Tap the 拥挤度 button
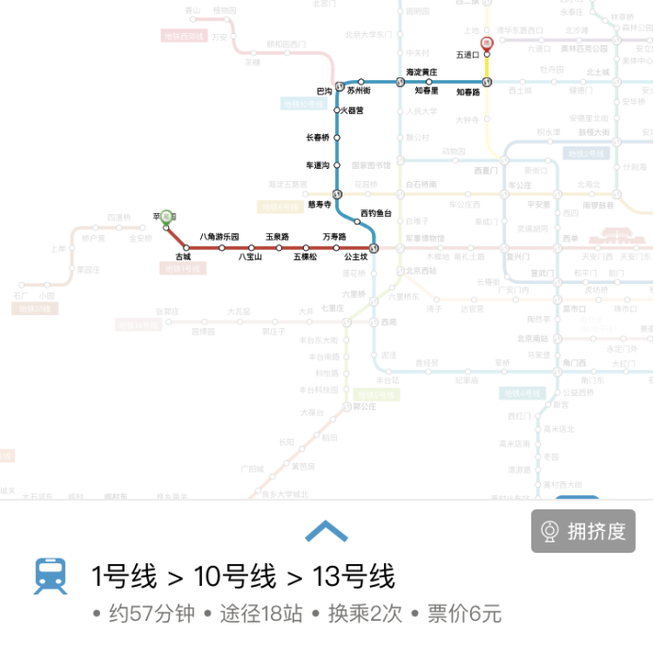point(583,531)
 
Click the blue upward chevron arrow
point(327,532)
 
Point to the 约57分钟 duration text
point(151,614)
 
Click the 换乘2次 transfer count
point(365,614)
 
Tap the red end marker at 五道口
point(487,43)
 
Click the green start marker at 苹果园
point(167,217)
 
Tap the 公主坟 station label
point(356,257)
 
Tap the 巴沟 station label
point(324,92)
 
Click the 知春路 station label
point(469,92)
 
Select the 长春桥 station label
point(318,138)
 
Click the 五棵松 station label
point(305,257)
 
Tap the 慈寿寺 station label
point(319,204)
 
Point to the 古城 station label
point(183,257)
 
